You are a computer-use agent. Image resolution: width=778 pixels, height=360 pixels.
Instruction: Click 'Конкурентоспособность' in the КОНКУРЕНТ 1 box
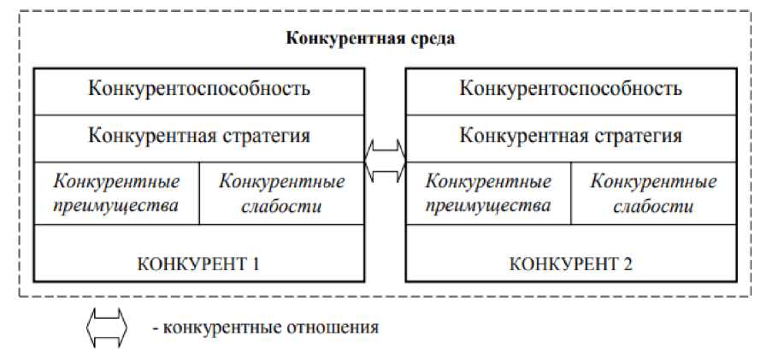click(199, 88)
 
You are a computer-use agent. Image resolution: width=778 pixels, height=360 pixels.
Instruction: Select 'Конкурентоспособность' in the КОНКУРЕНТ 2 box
click(570, 88)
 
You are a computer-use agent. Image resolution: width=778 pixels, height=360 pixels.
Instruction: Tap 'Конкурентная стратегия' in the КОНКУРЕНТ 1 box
click(199, 136)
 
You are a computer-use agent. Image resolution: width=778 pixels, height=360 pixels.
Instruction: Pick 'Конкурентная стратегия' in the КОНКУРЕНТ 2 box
click(570, 136)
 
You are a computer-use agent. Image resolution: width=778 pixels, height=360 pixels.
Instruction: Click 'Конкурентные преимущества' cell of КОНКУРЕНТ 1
click(116, 193)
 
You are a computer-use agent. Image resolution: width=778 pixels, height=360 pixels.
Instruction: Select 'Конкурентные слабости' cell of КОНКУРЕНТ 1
click(282, 193)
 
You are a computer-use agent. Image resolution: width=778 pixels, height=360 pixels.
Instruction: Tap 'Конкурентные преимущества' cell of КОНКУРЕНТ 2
click(488, 193)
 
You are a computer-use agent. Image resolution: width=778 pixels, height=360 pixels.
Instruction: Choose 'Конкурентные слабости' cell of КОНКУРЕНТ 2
click(653, 193)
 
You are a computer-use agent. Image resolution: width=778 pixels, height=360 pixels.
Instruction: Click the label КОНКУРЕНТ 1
click(198, 263)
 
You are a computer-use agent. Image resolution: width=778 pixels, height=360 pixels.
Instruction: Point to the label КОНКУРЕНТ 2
click(570, 263)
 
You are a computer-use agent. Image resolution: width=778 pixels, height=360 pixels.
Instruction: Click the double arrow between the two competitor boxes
click(385, 160)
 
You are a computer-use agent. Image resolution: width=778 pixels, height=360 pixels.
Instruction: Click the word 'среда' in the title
click(433, 39)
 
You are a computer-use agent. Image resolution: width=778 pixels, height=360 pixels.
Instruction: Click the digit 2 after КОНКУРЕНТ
click(628, 263)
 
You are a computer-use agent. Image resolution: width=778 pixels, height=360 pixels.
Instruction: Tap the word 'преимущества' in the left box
click(116, 206)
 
